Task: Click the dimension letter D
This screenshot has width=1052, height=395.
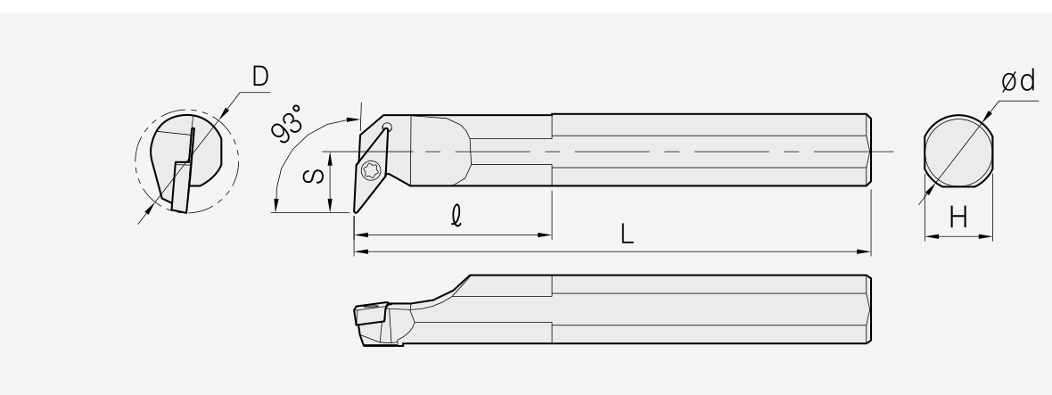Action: (x=260, y=77)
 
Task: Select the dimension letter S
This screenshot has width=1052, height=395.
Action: (x=314, y=177)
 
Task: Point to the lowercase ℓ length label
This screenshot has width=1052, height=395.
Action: (x=456, y=216)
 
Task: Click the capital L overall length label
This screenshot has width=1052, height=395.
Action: (x=628, y=234)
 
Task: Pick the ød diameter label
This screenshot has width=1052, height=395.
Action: (x=1018, y=82)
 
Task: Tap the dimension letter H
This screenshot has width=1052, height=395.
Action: (x=958, y=218)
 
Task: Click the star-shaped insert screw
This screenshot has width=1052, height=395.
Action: (x=371, y=170)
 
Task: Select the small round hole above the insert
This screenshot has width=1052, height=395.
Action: (x=387, y=127)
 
